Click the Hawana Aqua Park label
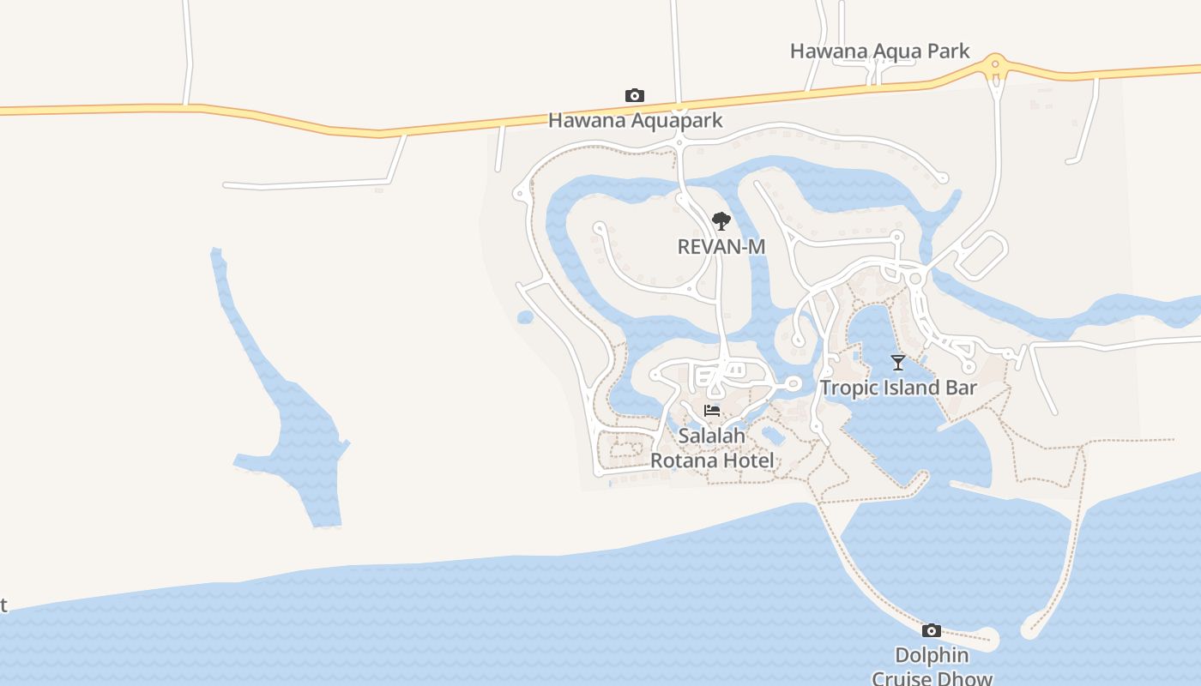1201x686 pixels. click(x=879, y=51)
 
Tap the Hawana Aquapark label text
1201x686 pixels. click(x=635, y=121)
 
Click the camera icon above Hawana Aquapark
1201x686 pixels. click(x=635, y=95)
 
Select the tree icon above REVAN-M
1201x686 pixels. click(x=721, y=221)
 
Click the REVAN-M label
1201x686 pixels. click(x=721, y=247)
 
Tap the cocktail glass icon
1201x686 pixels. click(x=898, y=362)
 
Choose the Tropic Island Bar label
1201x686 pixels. click(x=898, y=388)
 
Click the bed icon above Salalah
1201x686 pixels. click(x=712, y=411)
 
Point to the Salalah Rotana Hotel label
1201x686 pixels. click(x=712, y=448)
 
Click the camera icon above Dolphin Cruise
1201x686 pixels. click(x=932, y=631)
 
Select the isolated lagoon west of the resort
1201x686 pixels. click(x=292, y=446)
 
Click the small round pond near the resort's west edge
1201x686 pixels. click(x=525, y=317)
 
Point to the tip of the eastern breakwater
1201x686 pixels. click(x=1029, y=631)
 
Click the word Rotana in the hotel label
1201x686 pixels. click(x=679, y=460)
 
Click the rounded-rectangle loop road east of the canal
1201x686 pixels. click(x=982, y=255)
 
